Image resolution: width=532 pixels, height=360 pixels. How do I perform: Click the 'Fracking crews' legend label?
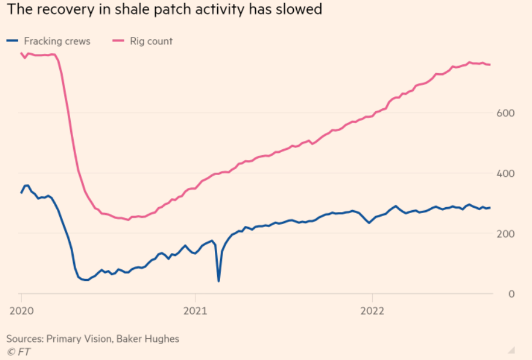[57, 41]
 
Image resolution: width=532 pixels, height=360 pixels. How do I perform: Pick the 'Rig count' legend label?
[151, 41]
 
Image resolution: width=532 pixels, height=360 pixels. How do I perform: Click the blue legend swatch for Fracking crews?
[13, 41]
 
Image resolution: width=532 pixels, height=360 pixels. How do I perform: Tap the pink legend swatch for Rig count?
[119, 41]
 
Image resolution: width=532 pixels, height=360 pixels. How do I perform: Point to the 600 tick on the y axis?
[506, 112]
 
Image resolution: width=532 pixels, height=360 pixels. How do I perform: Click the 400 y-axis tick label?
[506, 173]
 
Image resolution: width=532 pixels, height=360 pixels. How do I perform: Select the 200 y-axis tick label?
[506, 234]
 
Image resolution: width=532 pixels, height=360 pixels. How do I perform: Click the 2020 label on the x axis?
[21, 311]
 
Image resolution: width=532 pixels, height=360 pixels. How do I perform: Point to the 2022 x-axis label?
[372, 311]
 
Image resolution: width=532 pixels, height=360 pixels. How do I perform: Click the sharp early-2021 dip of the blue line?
[219, 281]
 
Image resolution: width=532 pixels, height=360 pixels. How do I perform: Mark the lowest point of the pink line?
[128, 220]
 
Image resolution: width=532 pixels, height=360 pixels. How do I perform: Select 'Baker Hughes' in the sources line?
[150, 338]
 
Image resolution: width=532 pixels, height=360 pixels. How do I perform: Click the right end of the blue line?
[490, 208]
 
